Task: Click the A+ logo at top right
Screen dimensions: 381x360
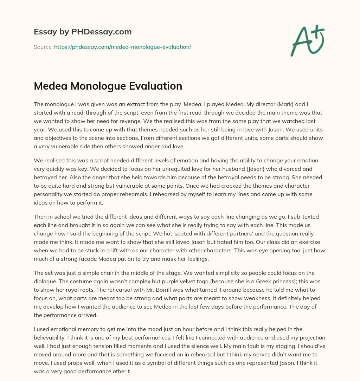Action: click(x=308, y=40)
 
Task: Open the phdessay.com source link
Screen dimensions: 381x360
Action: click(x=122, y=47)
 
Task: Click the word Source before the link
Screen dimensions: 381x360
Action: click(x=43, y=47)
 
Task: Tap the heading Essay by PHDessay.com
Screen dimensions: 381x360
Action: click(x=83, y=32)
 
